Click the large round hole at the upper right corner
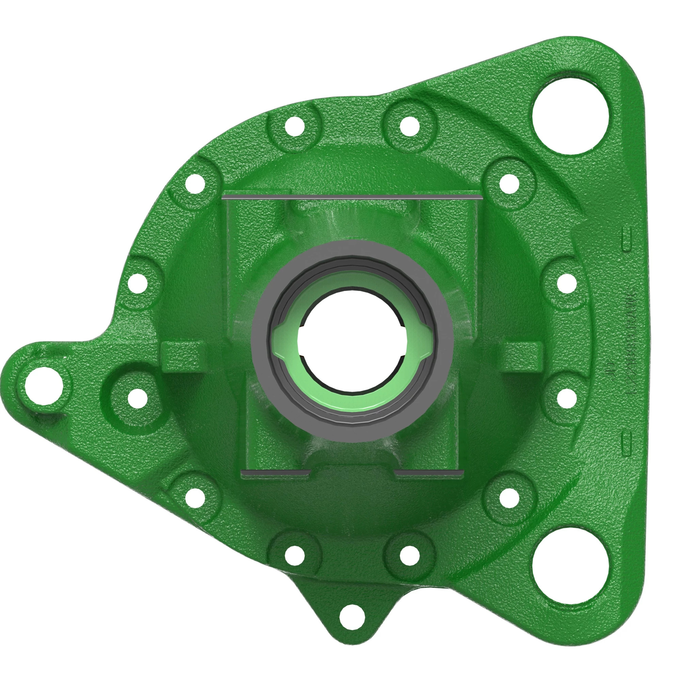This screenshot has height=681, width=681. (570, 116)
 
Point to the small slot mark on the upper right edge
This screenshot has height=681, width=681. (627, 239)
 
